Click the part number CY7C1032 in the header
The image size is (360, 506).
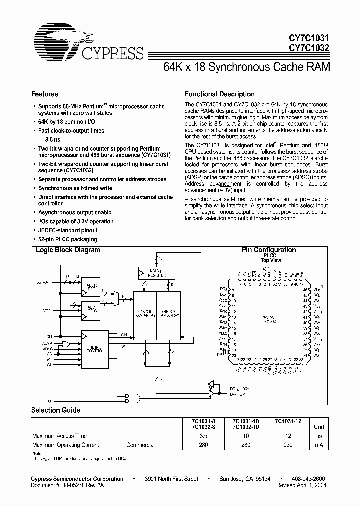click(x=310, y=48)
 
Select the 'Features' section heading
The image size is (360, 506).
click(x=45, y=94)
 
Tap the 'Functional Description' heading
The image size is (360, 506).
click(x=220, y=94)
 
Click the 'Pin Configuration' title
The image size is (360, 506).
click(x=269, y=250)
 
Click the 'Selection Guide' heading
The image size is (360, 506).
click(x=56, y=410)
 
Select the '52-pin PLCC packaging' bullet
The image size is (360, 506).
click(x=68, y=239)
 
